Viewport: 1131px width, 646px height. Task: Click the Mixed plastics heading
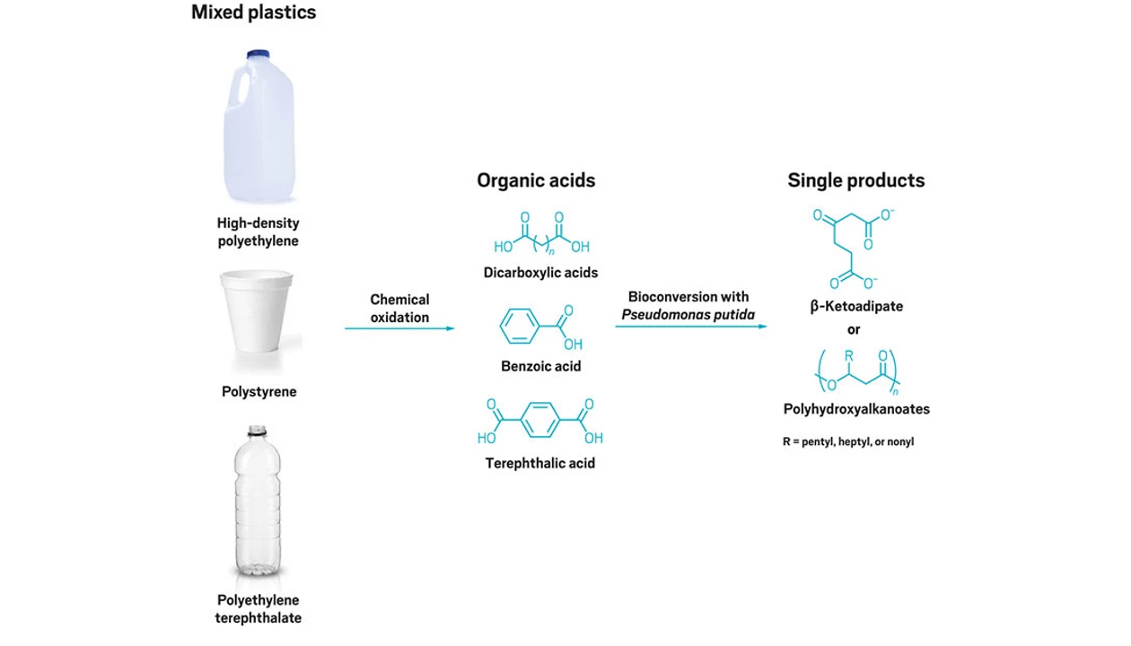click(x=254, y=13)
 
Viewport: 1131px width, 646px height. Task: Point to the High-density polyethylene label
click(x=258, y=231)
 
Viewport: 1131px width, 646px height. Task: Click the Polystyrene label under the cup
click(x=259, y=391)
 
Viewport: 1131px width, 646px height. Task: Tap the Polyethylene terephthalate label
click(x=259, y=608)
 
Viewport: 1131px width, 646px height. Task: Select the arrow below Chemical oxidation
click(x=399, y=328)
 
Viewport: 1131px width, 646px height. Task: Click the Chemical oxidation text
click(x=399, y=308)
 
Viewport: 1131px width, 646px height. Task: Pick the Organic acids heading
click(x=536, y=180)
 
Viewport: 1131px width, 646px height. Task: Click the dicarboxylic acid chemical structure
click(x=541, y=236)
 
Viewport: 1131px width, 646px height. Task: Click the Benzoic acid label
click(x=540, y=366)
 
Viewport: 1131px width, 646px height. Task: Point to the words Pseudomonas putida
click(x=689, y=314)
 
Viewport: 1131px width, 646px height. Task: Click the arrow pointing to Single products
click(x=690, y=326)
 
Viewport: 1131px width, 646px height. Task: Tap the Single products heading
click(x=855, y=180)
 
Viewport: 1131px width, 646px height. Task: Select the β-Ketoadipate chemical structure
click(x=853, y=247)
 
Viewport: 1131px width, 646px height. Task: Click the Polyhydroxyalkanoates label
click(x=855, y=409)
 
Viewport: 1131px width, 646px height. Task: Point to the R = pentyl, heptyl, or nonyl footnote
click(x=848, y=441)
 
